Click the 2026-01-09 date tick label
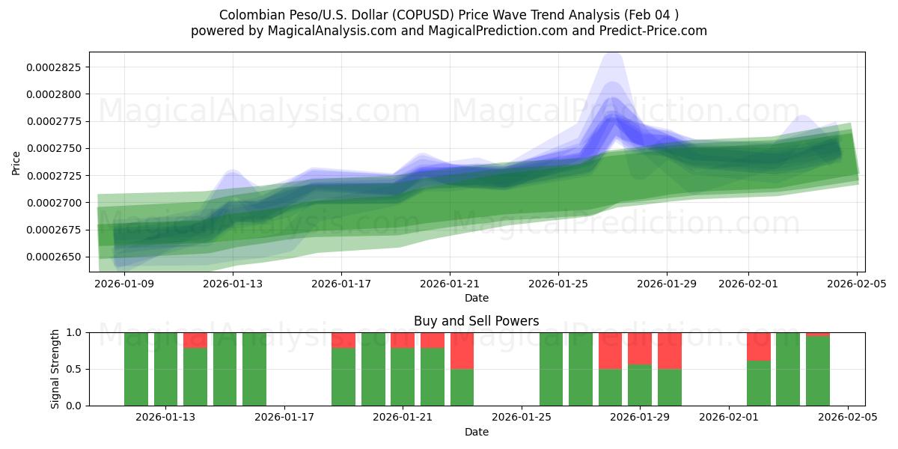124,284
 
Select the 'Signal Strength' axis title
55,368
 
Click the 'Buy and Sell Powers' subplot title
476,321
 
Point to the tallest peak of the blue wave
613,56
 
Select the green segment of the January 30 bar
670,387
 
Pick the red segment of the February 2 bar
758,346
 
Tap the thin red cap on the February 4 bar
817,334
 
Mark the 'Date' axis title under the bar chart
476,432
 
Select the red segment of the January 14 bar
195,340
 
